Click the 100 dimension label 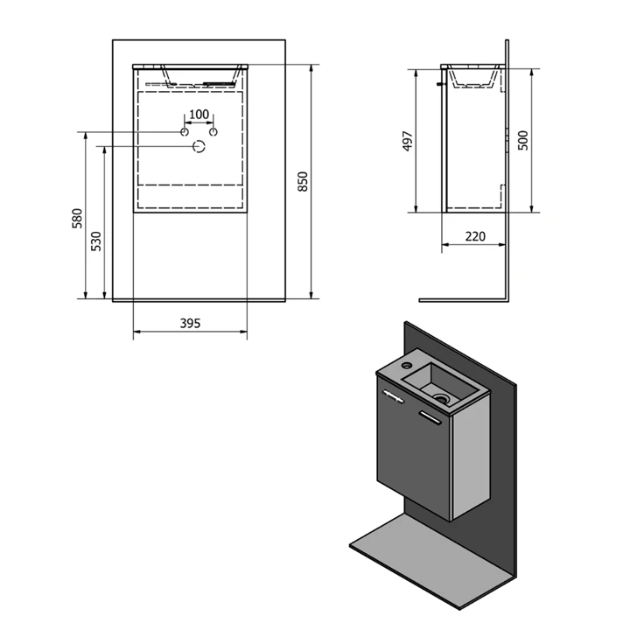(199, 115)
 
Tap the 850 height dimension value (303, 182)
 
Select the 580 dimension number (77, 219)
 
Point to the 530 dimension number (96, 241)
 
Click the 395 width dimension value (190, 323)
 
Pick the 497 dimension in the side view (408, 141)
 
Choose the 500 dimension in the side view (523, 140)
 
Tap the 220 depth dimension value (475, 236)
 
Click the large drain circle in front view (199, 147)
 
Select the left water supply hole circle (185, 132)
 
